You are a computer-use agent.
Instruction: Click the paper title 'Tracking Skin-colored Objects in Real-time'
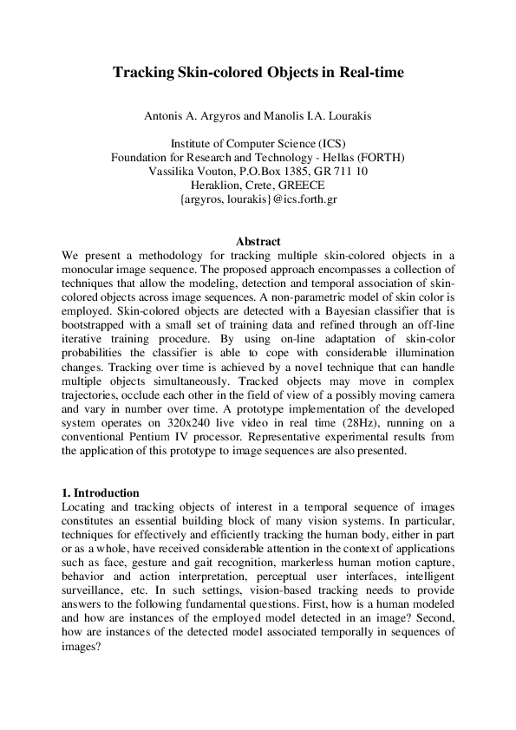click(258, 73)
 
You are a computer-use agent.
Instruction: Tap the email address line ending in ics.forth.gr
click(258, 199)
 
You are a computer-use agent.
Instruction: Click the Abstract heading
click(258, 242)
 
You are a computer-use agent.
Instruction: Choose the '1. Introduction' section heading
click(101, 493)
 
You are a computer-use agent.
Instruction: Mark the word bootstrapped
click(99, 325)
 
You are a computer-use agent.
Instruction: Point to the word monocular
click(93, 270)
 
